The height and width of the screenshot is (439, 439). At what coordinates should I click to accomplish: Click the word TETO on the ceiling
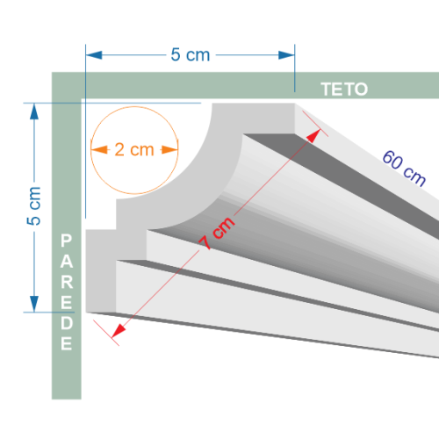pyautogui.click(x=344, y=90)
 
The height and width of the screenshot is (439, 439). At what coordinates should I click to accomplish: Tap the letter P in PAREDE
pyautogui.click(x=66, y=241)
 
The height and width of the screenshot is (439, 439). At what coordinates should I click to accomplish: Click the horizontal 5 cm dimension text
pyautogui.click(x=191, y=54)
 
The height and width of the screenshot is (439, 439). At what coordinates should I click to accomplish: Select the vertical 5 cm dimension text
pyautogui.click(x=34, y=206)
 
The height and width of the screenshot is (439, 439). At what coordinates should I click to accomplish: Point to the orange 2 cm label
pyautogui.click(x=134, y=149)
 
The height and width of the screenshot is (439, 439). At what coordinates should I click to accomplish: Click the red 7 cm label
pyautogui.click(x=217, y=233)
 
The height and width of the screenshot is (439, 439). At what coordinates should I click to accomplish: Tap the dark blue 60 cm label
pyautogui.click(x=404, y=169)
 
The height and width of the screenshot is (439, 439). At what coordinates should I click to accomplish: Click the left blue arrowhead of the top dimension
pyautogui.click(x=94, y=55)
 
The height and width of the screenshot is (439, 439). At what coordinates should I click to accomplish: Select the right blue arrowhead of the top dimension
pyautogui.click(x=286, y=55)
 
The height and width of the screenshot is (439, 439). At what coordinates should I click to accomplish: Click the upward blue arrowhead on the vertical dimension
pyautogui.click(x=34, y=112)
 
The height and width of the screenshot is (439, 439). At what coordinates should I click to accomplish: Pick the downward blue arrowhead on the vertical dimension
pyautogui.click(x=34, y=304)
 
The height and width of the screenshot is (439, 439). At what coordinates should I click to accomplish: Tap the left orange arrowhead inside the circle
pyautogui.click(x=99, y=150)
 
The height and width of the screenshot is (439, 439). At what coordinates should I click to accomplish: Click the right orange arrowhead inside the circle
pyautogui.click(x=169, y=150)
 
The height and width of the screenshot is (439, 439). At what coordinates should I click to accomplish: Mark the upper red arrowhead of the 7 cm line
pyautogui.click(x=313, y=136)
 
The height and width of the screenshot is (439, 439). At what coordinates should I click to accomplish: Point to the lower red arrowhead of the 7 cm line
pyautogui.click(x=119, y=331)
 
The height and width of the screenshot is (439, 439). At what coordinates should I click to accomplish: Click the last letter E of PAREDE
pyautogui.click(x=66, y=343)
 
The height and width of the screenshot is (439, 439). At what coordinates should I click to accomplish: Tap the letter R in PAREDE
pyautogui.click(x=67, y=282)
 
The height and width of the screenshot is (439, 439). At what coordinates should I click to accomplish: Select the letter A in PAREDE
pyautogui.click(x=67, y=261)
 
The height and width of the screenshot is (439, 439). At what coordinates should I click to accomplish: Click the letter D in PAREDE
pyautogui.click(x=67, y=323)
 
